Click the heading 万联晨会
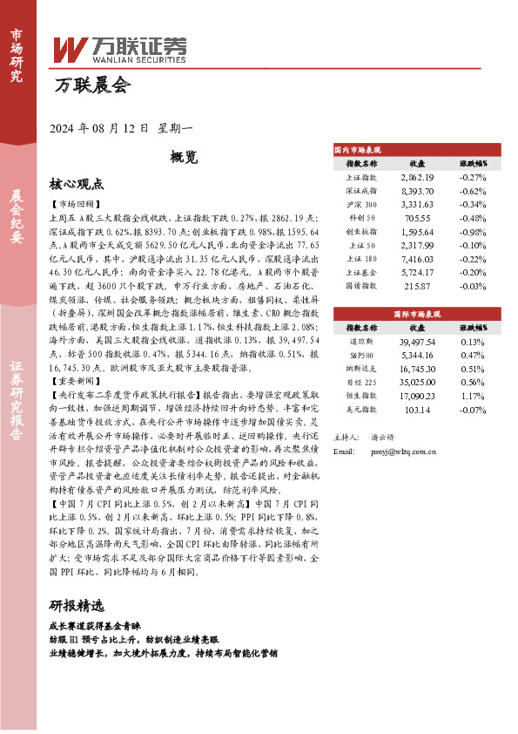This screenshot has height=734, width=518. [x=91, y=86]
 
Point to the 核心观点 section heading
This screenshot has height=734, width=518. [x=77, y=184]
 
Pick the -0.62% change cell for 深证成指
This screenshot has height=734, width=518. [x=473, y=190]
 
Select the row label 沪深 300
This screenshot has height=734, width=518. [x=361, y=204]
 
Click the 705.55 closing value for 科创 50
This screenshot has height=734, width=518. [x=417, y=218]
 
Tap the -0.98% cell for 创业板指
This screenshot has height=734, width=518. [x=473, y=232]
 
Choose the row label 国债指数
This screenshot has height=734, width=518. [x=361, y=286]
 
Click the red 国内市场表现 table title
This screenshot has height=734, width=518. [x=356, y=150]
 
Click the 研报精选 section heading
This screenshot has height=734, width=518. [x=77, y=629]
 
